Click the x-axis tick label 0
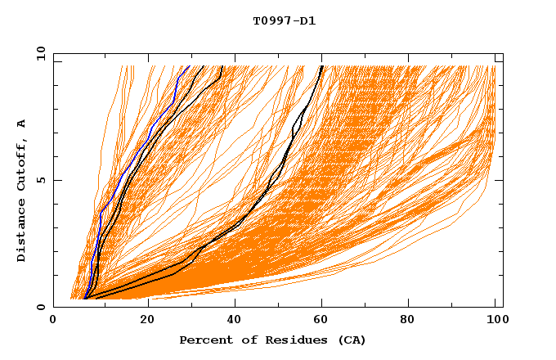(53, 322)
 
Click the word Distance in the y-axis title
(22, 232)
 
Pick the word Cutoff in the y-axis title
(22, 165)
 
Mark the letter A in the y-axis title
(22, 123)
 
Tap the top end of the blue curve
(189, 66)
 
